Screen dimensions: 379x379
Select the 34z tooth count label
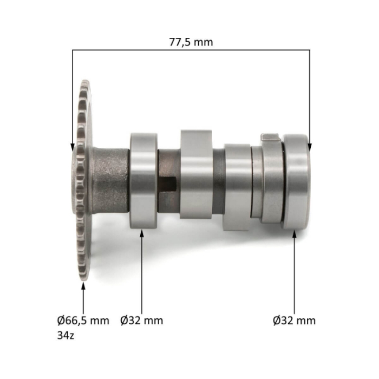point(66,335)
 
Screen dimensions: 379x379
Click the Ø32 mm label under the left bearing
point(142,321)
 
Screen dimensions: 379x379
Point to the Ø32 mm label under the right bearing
point(294,321)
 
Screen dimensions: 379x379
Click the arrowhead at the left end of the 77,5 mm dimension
point(72,146)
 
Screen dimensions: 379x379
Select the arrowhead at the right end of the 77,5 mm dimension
point(310,146)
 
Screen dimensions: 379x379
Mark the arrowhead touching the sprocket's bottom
point(83,285)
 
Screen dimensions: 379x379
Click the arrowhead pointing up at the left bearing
point(142,234)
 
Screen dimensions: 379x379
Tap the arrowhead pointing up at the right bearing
point(295,234)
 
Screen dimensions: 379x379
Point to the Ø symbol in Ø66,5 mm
point(61,321)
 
